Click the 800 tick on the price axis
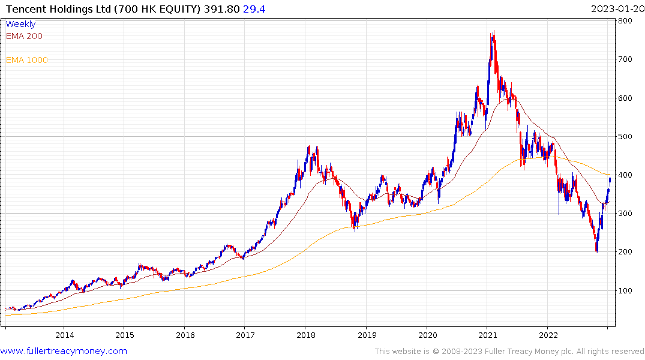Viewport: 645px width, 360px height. (626, 21)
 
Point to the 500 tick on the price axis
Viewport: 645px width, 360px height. (626, 136)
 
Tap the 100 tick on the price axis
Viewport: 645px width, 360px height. (626, 290)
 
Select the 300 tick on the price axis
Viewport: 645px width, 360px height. (626, 214)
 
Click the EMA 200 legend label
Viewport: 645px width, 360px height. (24, 36)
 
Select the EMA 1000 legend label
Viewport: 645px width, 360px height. (27, 60)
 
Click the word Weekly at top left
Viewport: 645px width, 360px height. (20, 24)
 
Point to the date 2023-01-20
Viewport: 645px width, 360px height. (616, 8)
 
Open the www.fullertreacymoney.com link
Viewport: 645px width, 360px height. (64, 351)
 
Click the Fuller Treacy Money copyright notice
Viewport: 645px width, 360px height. (509, 352)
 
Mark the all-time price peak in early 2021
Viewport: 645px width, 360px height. (493, 32)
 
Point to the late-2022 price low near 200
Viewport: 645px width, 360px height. (596, 251)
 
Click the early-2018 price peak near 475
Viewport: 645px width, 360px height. (308, 146)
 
